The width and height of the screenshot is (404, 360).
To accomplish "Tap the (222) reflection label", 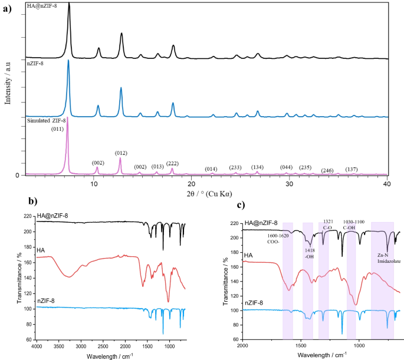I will click(173, 163).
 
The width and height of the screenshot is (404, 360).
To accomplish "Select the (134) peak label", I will click(257, 167).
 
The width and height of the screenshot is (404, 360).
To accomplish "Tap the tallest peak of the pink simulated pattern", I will click(67, 118).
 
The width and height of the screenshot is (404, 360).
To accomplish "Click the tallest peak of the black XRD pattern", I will click(69, 4).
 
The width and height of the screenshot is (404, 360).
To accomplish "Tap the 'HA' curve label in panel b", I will click(41, 250).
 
